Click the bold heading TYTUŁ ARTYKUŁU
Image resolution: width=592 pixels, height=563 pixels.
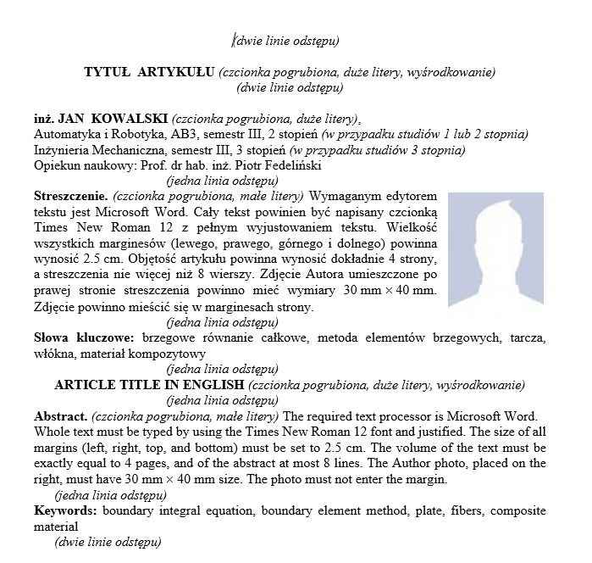click(150, 72)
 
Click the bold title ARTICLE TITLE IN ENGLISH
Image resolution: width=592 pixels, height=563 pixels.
click(149, 384)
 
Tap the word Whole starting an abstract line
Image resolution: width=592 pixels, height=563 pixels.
click(52, 432)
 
